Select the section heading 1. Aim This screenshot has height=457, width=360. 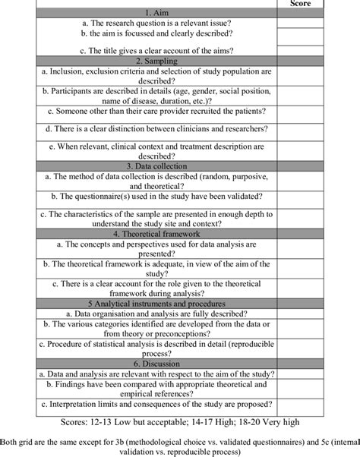point(156,13)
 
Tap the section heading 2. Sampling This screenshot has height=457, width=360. point(156,60)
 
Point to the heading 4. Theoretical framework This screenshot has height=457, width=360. point(156,235)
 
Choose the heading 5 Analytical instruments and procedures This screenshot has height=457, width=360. point(156,303)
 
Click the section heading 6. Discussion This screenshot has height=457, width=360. point(156,364)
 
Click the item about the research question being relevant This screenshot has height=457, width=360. point(156,23)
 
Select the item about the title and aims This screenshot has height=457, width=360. point(156,50)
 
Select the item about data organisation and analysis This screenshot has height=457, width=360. point(156,312)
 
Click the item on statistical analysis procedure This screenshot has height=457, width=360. point(156,348)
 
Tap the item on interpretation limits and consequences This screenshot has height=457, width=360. point(156,404)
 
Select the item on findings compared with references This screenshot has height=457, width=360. point(156,389)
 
